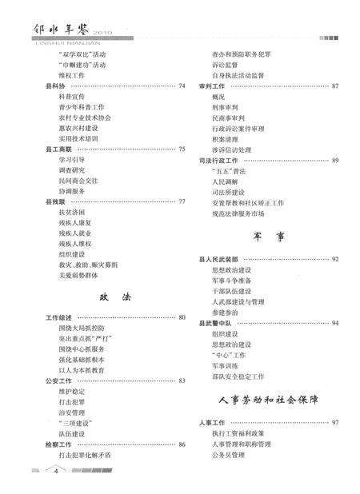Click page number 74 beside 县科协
point(182,86)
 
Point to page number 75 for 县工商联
point(182,149)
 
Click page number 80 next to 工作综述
point(182,317)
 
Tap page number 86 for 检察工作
point(182,444)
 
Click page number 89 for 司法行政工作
point(334,159)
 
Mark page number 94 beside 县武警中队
point(334,322)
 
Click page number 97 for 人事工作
point(334,422)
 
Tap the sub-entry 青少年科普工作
point(81,106)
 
